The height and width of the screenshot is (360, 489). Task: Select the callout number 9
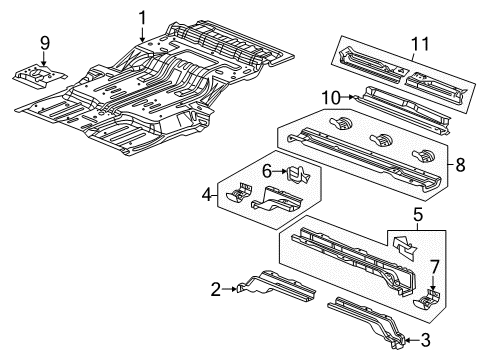43,42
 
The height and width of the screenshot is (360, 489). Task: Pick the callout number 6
266,171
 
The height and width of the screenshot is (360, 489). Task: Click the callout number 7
434,265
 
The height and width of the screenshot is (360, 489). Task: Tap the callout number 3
427,340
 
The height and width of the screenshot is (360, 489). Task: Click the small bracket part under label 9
38,74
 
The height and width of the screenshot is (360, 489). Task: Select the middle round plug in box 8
378,139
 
